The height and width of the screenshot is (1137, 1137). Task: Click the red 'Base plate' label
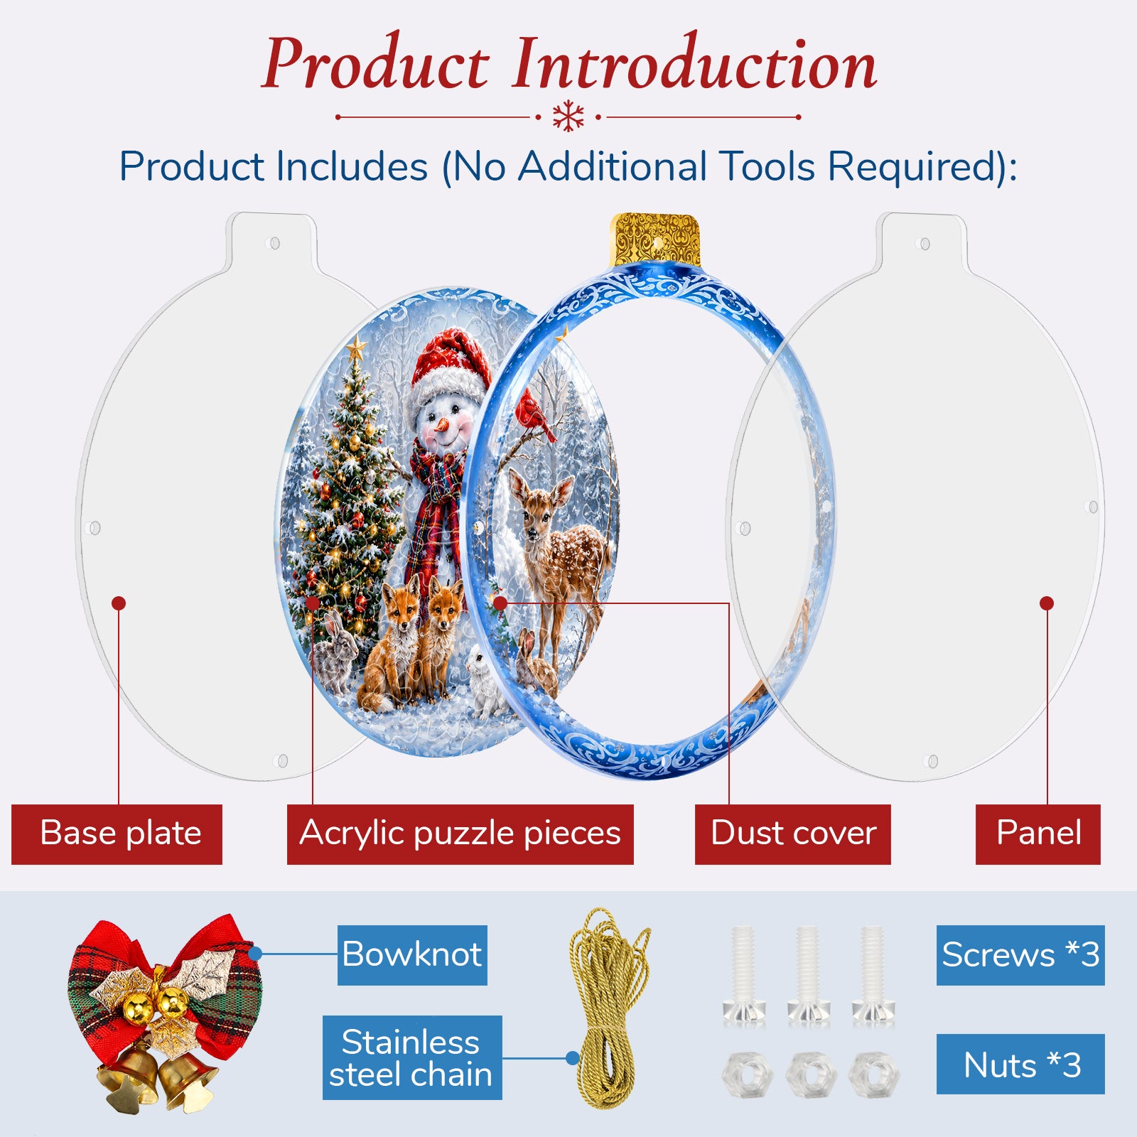point(117,834)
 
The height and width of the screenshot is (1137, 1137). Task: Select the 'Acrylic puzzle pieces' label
point(460,834)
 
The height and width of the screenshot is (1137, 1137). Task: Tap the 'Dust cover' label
point(792,834)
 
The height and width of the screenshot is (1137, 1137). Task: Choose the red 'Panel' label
point(1038,834)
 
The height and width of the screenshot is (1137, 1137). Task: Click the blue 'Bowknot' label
point(412,955)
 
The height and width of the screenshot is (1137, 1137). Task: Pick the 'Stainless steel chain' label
point(412,1057)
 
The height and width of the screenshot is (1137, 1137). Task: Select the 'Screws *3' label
point(1020,955)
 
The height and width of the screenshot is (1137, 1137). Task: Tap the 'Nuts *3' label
point(1020,1064)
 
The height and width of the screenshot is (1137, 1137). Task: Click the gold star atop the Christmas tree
point(356,348)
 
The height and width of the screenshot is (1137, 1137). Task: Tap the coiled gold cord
point(608,1009)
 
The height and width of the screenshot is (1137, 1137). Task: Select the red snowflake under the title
point(568,117)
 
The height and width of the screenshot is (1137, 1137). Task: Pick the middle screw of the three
point(809,974)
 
